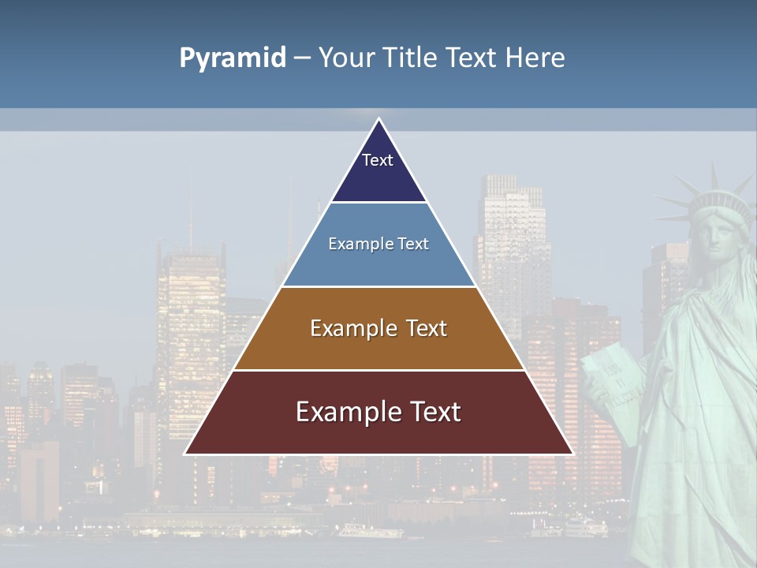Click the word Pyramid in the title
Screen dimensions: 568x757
(x=232, y=58)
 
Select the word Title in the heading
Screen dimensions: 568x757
(x=410, y=58)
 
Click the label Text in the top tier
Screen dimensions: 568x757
(x=378, y=160)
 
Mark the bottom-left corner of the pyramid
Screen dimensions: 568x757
(x=185, y=454)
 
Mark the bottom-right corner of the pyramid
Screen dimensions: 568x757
(x=572, y=454)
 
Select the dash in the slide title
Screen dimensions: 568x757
(x=302, y=58)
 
